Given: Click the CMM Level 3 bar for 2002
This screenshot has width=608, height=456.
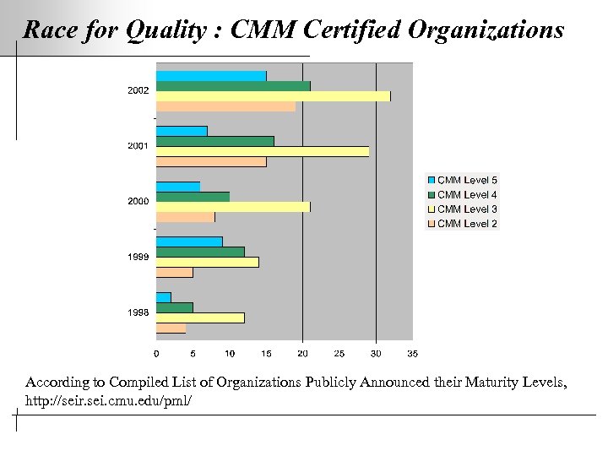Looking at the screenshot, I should (273, 96).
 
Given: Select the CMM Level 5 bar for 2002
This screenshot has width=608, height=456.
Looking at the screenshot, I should (211, 76).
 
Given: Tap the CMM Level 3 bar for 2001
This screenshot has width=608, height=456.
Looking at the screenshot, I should (262, 151).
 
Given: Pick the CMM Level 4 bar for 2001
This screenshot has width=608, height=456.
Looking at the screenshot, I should (214, 141).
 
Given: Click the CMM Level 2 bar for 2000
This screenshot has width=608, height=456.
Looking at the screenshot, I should (185, 217).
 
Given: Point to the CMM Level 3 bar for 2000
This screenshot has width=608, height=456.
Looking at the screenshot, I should (233, 207).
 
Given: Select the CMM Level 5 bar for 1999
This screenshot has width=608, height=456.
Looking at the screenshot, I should (189, 242).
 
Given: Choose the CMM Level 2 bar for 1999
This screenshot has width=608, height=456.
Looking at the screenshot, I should (174, 272).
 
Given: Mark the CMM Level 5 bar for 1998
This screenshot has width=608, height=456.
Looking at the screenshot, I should (163, 297).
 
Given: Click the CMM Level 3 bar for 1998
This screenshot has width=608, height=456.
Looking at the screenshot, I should (200, 318).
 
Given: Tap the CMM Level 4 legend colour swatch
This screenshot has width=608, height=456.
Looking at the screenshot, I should (432, 195).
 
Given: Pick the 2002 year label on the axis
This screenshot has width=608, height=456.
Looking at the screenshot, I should (138, 90).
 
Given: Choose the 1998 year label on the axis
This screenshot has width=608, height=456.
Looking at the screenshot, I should (138, 312).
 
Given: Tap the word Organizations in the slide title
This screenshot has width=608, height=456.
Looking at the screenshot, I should (486, 31).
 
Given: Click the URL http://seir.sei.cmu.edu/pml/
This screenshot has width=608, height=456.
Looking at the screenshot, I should (109, 399).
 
